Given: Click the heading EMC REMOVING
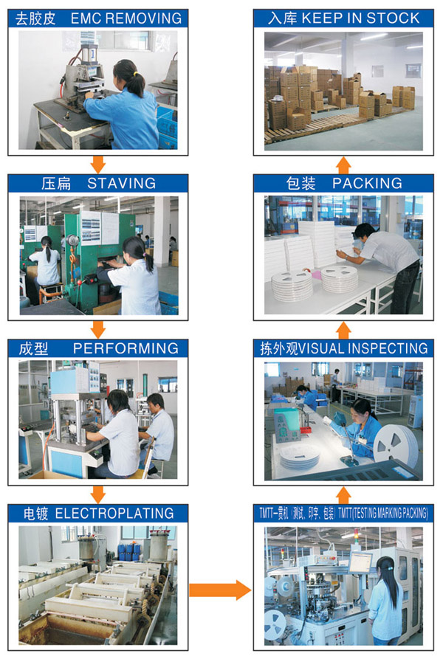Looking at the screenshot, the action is click(x=126, y=18).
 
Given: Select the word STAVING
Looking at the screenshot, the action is click(x=122, y=183).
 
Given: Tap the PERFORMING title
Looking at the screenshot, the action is click(x=126, y=348).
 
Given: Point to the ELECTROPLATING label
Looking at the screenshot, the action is click(x=114, y=513).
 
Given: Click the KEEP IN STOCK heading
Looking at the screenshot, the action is click(x=360, y=18).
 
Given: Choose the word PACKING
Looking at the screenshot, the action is click(x=367, y=183).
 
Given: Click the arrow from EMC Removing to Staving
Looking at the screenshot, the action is click(x=98, y=165).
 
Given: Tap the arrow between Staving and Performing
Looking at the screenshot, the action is click(x=98, y=329).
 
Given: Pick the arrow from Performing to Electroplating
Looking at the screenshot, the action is click(x=98, y=494).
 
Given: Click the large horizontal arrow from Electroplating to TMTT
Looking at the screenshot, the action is click(x=220, y=590).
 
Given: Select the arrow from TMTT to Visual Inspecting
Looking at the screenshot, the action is click(x=344, y=495).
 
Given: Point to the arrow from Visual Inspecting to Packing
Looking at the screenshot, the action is click(x=344, y=331).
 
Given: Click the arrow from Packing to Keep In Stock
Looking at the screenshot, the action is click(x=344, y=165).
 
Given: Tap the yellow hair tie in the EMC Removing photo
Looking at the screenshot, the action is click(x=135, y=74).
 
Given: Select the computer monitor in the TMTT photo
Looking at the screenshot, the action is click(x=360, y=562).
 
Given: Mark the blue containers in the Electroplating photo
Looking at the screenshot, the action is click(x=129, y=551).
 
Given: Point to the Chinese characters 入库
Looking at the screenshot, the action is click(x=283, y=18).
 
